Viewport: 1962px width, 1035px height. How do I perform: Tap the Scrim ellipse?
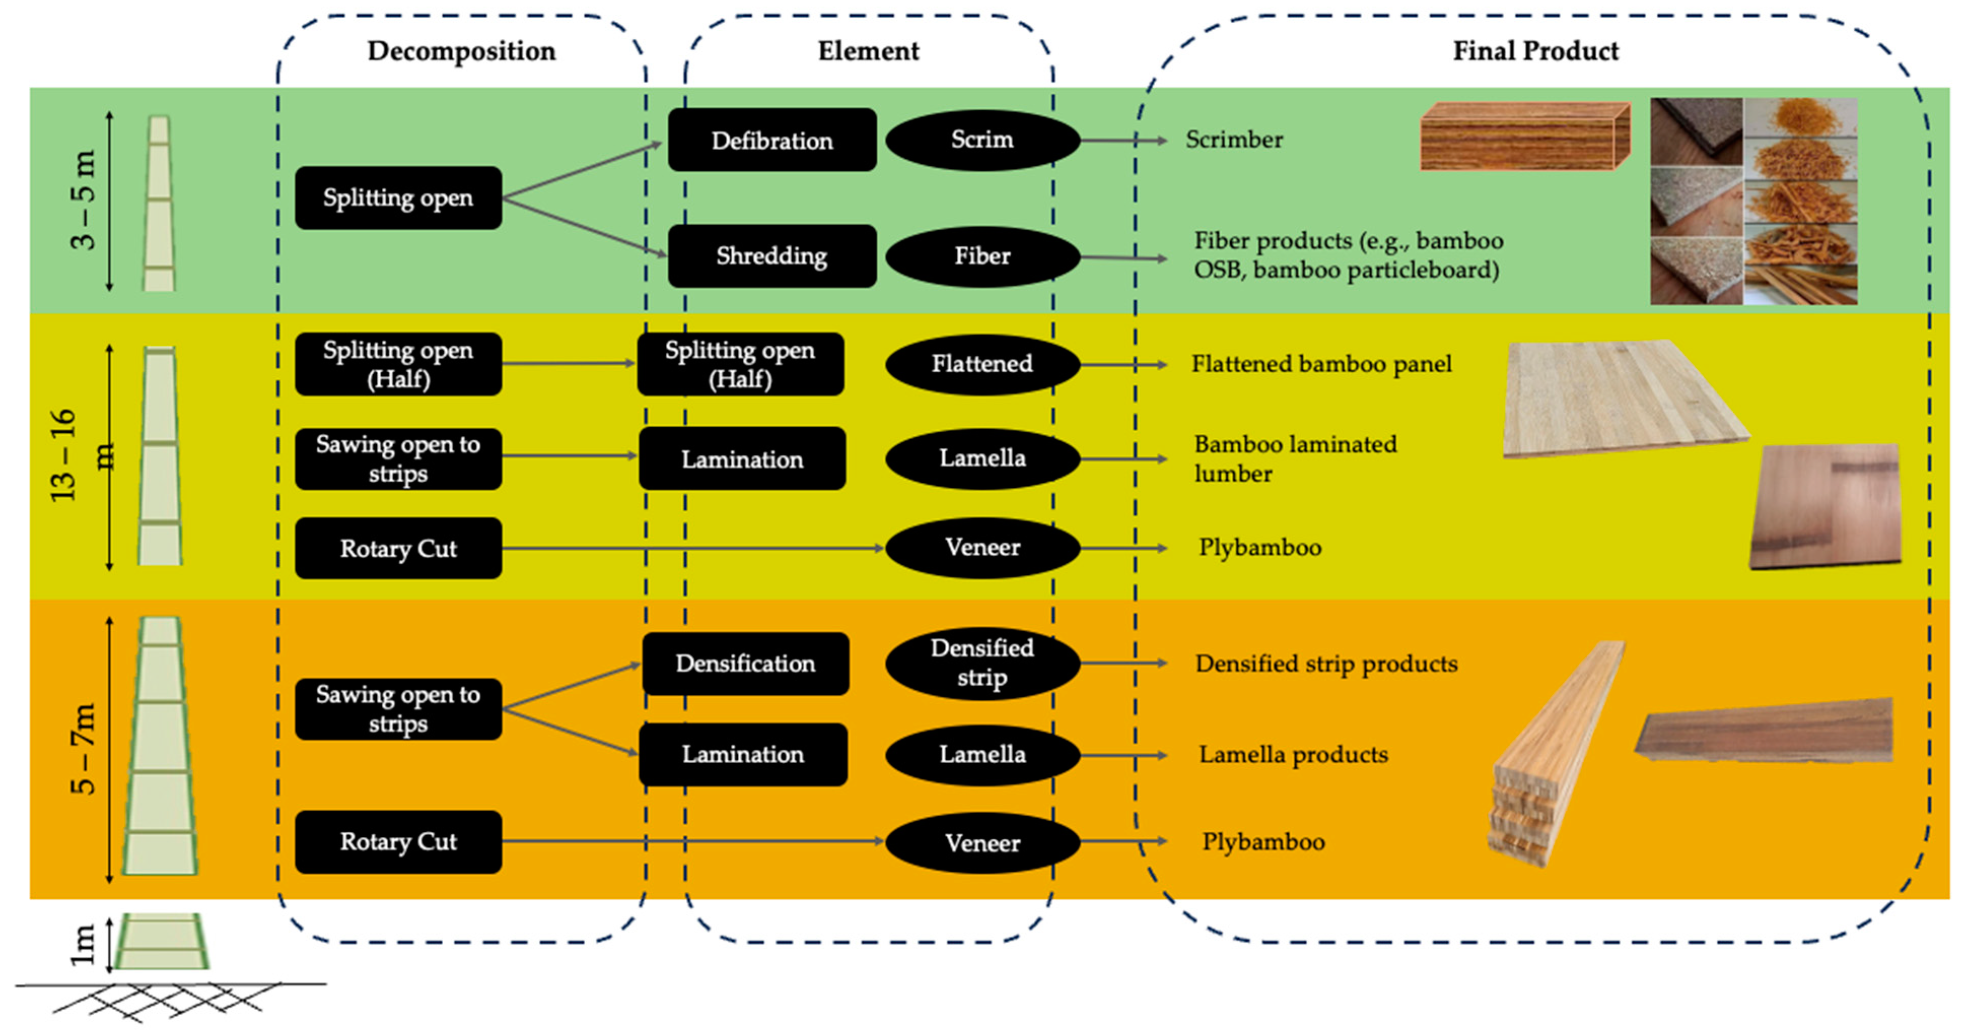pos(982,139)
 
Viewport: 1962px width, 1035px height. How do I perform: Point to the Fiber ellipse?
pos(982,256)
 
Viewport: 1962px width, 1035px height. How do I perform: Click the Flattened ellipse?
pos(982,364)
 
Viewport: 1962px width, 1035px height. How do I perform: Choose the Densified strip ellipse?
pos(982,663)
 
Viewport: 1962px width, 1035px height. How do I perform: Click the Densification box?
pos(745,663)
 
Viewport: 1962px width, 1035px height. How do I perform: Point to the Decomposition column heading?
pos(461,51)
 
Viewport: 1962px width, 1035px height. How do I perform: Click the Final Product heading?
pos(1536,51)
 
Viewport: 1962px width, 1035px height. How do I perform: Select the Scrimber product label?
pos(1234,140)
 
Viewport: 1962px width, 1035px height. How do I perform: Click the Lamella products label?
pos(1293,755)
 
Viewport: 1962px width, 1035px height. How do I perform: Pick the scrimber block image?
pos(1523,135)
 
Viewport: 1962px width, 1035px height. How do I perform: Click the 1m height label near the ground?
pos(82,944)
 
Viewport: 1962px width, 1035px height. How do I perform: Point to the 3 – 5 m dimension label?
pos(82,199)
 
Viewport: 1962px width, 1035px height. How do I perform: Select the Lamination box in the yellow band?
pos(742,459)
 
